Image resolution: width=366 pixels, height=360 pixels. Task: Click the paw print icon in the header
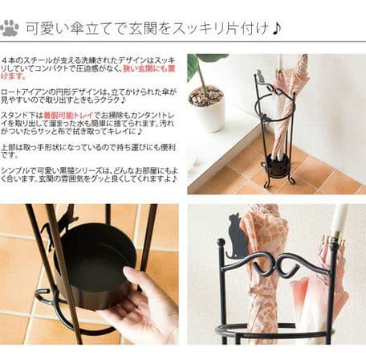pyautogui.click(x=10, y=28)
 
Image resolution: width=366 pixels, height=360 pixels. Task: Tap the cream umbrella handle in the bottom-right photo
pyautogui.click(x=340, y=221)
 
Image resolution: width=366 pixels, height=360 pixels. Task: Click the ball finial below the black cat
pyautogui.click(x=222, y=242)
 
